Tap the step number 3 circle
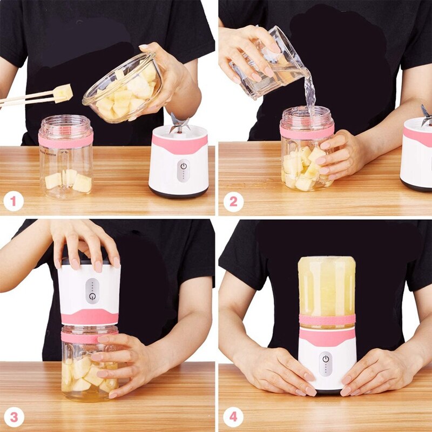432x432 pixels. tap(13, 417)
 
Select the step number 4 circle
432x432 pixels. tap(233, 417)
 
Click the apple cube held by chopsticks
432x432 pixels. tap(63, 93)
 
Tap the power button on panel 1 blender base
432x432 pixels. tap(183, 166)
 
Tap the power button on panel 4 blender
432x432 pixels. tap(326, 358)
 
